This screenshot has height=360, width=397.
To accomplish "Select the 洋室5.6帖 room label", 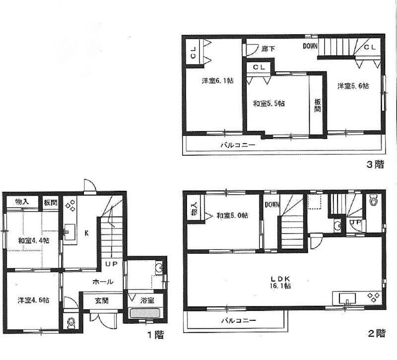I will point(353,86).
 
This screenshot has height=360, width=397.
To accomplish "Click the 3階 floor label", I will point(376,166).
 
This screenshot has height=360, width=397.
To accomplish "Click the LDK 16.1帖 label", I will point(281,282).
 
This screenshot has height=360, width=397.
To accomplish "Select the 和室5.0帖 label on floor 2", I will point(233,216).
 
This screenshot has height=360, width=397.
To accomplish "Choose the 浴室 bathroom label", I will point(146,300).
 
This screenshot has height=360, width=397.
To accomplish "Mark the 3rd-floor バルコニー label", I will point(238,145).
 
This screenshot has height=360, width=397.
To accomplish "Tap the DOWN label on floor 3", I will point(311,47).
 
